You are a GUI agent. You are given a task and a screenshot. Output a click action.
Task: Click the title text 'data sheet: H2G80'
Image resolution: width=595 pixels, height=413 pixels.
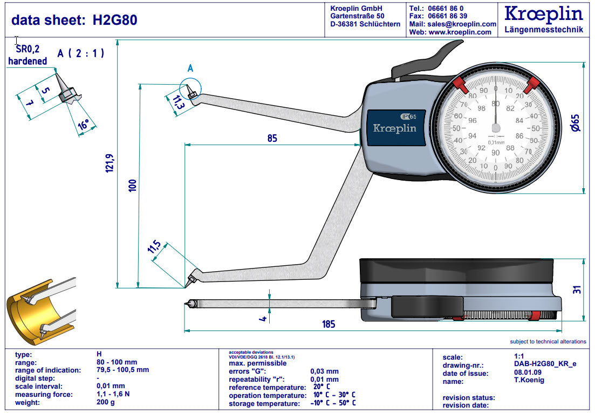74,20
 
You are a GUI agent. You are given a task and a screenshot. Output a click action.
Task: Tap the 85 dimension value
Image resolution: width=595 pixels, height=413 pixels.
272,139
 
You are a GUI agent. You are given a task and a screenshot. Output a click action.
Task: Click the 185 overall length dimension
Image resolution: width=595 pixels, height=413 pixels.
329,324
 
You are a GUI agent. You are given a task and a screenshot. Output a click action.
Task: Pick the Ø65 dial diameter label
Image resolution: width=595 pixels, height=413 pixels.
576,124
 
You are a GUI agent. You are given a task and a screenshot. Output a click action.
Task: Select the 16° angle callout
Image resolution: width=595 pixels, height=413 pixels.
84,126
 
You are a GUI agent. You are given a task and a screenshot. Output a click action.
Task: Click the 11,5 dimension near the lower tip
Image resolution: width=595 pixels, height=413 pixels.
154,249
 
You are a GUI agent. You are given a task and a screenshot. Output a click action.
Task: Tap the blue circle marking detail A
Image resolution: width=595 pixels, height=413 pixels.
190,88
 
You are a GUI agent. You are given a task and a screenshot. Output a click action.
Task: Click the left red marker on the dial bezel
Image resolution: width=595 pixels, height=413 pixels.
460,84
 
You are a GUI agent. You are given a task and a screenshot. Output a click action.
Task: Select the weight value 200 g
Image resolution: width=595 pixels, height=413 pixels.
106,403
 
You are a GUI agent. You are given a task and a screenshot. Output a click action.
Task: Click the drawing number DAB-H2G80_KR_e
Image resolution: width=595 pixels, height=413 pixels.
545,365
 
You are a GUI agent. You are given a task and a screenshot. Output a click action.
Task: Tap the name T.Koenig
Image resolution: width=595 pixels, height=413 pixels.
530,381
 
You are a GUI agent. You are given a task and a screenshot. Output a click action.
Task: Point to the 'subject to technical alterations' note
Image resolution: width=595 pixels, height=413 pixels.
548,342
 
